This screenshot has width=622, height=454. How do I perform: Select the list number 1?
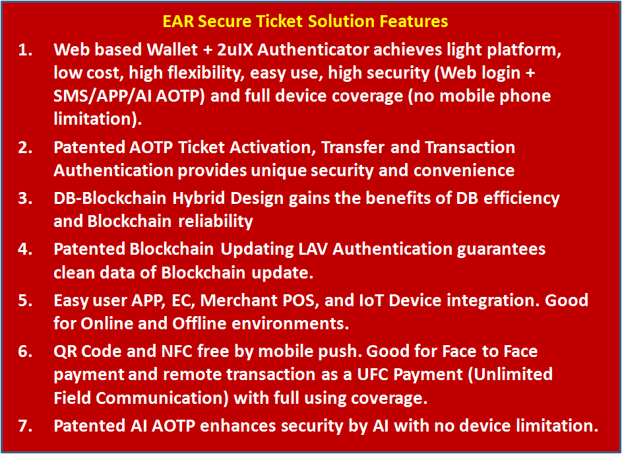pyautogui.click(x=25, y=50)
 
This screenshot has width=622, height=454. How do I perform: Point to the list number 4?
pyautogui.click(x=25, y=249)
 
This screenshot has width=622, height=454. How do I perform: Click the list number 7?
pyautogui.click(x=25, y=426)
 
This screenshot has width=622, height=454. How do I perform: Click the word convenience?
pyautogui.click(x=464, y=171)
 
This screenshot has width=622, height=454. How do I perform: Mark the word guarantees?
pyautogui.click(x=501, y=250)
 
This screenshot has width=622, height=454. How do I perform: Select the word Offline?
pyautogui.click(x=199, y=323)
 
